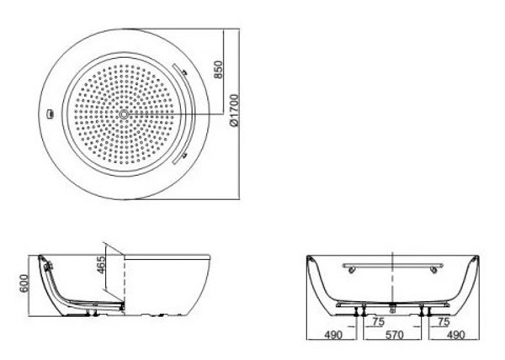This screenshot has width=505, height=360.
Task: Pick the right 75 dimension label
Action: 441,320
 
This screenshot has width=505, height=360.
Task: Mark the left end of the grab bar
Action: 347,267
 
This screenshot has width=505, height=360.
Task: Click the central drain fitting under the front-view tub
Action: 393,304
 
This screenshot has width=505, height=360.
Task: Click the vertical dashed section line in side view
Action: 124,278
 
